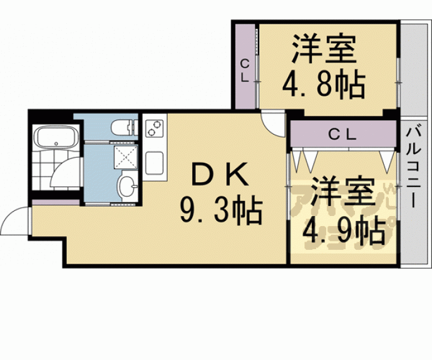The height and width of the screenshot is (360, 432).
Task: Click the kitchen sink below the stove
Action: pyautogui.click(x=154, y=165)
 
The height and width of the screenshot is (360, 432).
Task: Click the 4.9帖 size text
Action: pyautogui.click(x=344, y=232)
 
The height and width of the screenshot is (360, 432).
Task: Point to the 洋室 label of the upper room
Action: pyautogui.click(x=324, y=50)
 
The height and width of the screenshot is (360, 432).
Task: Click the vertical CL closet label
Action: pyautogui.click(x=245, y=70)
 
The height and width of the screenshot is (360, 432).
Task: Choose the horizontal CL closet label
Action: pyautogui.click(x=342, y=134)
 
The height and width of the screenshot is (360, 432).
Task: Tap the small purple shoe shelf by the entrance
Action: pyautogui.click(x=56, y=202)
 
